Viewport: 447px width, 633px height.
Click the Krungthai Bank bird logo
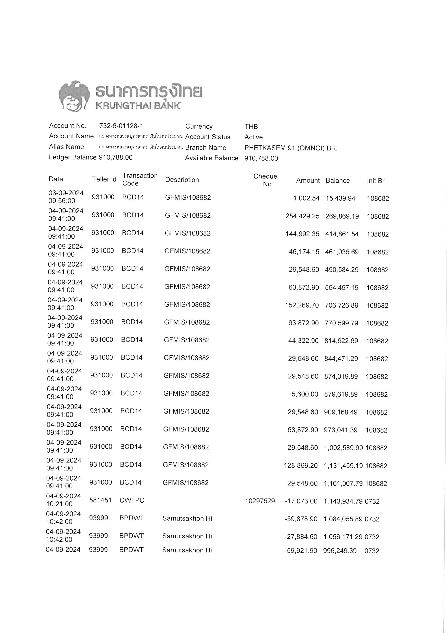pyautogui.click(x=74, y=96)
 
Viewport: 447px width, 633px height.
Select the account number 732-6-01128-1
pyautogui.click(x=121, y=126)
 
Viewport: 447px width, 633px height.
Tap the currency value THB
pyautogui.click(x=251, y=127)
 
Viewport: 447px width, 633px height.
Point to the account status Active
pyautogui.click(x=253, y=137)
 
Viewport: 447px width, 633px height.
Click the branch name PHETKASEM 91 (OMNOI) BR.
pyautogui.click(x=291, y=148)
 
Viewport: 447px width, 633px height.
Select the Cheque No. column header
pyautogui.click(x=265, y=180)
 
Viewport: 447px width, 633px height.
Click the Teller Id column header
pyautogui.click(x=104, y=179)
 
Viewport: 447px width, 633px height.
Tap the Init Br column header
pyautogui.click(x=375, y=181)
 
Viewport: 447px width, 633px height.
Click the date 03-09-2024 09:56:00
pyautogui.click(x=66, y=197)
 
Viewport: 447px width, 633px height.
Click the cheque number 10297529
pyautogui.click(x=260, y=501)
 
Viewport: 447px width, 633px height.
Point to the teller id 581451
pyautogui.click(x=100, y=500)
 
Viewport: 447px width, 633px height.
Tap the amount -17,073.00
pyautogui.click(x=301, y=501)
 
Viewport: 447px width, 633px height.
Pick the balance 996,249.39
pyautogui.click(x=340, y=551)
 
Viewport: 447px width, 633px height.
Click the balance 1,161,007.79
pyautogui.click(x=343, y=483)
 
